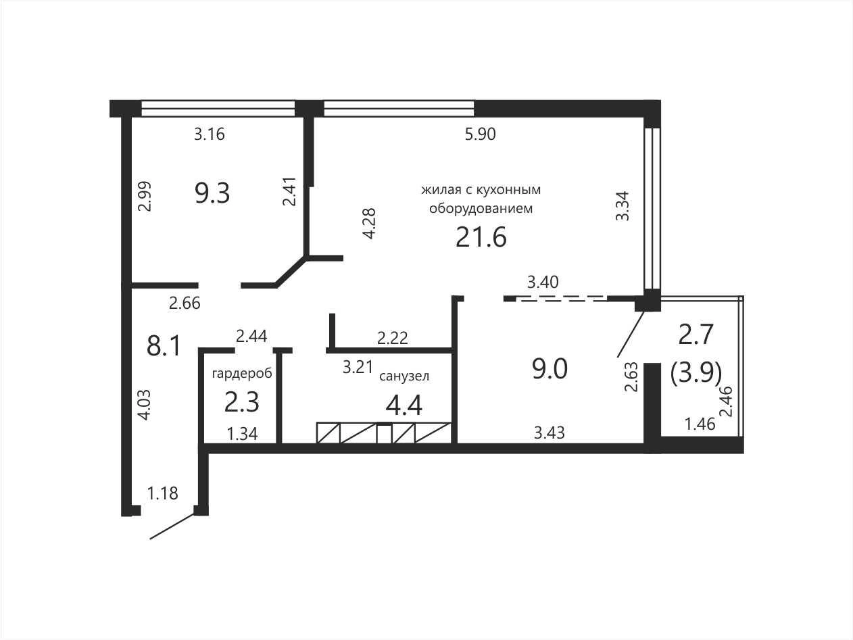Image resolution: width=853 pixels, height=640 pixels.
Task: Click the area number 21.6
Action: (x=481, y=237)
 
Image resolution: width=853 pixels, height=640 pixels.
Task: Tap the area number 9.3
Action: (x=212, y=193)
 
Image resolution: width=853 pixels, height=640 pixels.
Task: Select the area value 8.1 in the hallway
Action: (x=164, y=346)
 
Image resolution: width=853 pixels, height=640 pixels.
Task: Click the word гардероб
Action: (x=242, y=374)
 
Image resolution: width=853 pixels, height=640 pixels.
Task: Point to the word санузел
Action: (x=404, y=376)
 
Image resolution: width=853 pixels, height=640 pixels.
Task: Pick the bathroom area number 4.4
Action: (x=404, y=406)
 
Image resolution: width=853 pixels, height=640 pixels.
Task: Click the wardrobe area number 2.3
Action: (x=242, y=402)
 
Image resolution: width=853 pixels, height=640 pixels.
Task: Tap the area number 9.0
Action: (x=550, y=369)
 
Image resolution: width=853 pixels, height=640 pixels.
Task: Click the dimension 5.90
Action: (x=481, y=134)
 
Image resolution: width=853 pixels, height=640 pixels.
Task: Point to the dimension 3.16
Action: (x=209, y=134)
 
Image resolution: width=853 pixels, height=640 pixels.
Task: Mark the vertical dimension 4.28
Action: (x=368, y=224)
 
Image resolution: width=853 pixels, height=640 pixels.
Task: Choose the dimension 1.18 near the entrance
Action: (x=162, y=493)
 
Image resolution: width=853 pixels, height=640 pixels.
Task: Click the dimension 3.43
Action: (x=549, y=433)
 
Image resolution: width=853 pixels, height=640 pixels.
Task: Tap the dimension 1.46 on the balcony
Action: (x=700, y=424)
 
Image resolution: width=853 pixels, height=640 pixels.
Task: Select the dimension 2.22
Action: (x=393, y=338)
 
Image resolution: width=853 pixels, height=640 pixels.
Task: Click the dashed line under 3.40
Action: (x=562, y=299)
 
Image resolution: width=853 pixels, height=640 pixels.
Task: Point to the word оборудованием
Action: (x=481, y=209)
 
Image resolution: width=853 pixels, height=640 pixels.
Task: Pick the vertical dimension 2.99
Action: (x=145, y=196)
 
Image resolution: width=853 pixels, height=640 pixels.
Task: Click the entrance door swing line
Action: (x=172, y=526)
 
